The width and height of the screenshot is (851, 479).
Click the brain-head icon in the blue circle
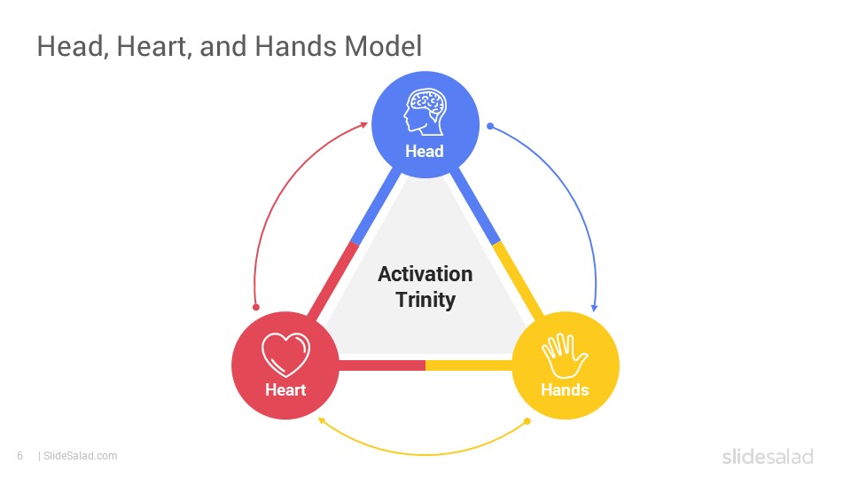425,112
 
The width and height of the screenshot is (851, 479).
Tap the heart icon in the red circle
285,354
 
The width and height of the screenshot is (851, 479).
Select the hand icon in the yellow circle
565,357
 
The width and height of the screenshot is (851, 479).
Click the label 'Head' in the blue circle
425,151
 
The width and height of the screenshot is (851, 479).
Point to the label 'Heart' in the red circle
285,389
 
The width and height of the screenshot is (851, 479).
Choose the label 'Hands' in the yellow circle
565,389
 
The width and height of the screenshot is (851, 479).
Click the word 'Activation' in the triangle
425,274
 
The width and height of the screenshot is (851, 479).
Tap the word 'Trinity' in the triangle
425,300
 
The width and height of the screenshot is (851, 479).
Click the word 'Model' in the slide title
383,45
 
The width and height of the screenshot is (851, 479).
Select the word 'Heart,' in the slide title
154,46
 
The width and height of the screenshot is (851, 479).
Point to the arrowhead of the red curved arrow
364,125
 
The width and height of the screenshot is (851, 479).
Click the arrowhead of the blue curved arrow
594,308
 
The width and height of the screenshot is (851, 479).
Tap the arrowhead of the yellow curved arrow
321,420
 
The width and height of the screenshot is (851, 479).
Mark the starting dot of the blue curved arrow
490,126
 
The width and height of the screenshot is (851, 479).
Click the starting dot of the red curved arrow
256,308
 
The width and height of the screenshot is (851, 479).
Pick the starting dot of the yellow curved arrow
527,420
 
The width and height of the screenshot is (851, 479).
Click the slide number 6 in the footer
20,456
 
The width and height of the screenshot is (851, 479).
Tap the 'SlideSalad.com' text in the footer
81,456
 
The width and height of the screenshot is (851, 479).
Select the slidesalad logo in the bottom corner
768,456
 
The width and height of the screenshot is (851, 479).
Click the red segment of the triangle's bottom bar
382,365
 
